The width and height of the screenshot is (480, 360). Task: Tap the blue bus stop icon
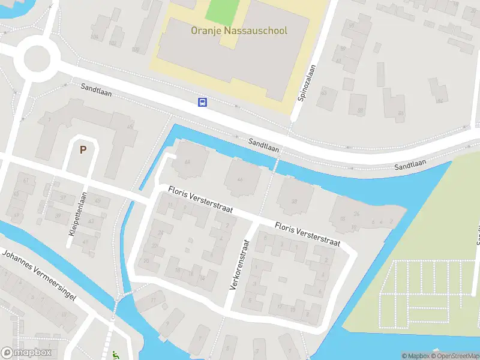[203, 102]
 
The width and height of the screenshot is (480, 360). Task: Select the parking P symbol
[83, 150]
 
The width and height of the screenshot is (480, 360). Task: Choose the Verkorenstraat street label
[238, 265]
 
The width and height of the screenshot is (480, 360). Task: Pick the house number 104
[94, 37]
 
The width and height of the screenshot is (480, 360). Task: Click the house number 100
[135, 49]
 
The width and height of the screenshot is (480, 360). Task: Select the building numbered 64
[187, 161]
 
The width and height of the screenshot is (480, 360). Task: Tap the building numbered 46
[240, 179]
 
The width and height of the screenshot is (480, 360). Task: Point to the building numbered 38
[294, 201]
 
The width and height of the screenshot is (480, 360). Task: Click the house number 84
[441, 100]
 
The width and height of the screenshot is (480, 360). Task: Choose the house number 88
[361, 111]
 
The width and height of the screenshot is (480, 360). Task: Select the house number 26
[356, 214]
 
